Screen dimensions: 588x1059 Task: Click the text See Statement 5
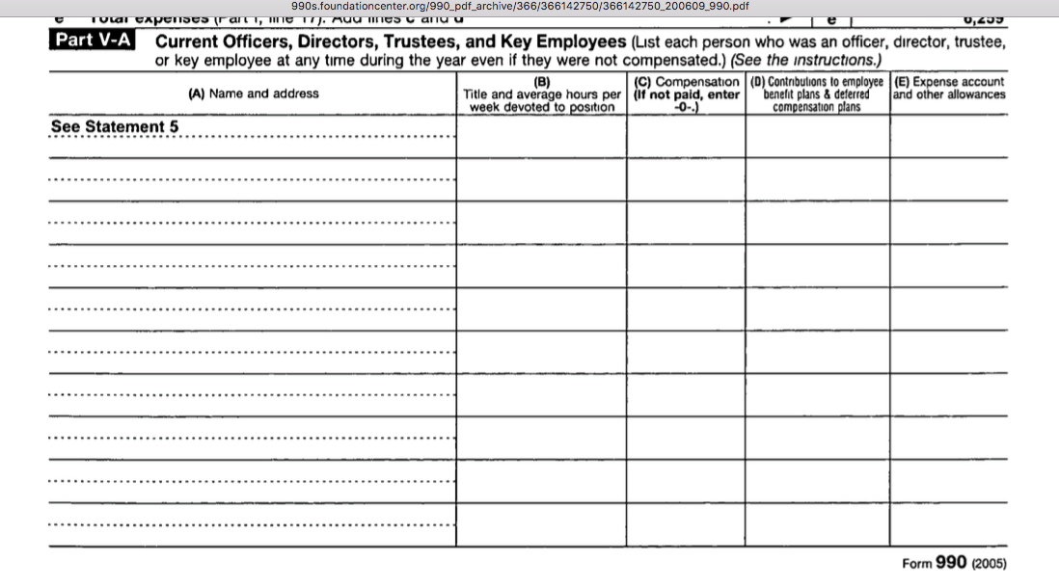(115, 127)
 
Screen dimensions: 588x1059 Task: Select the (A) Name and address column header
(254, 94)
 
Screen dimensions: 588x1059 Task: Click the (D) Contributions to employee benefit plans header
(817, 94)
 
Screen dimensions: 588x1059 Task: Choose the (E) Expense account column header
(949, 88)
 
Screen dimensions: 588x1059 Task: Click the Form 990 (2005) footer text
(953, 564)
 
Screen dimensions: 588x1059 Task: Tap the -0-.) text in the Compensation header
(686, 107)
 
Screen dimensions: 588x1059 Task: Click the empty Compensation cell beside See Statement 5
(686, 137)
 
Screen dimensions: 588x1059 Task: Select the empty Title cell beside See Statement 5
(541, 137)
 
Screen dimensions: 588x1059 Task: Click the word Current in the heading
(189, 42)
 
